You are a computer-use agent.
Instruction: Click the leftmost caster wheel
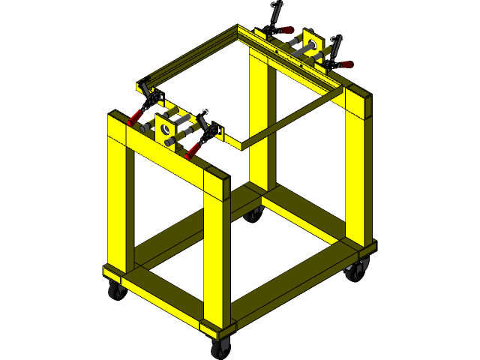point(115,291)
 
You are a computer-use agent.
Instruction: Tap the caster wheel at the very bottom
point(220,348)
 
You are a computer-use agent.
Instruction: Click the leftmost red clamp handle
point(134,118)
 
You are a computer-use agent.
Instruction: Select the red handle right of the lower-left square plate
point(192,149)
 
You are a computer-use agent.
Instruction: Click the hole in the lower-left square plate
point(165,128)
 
